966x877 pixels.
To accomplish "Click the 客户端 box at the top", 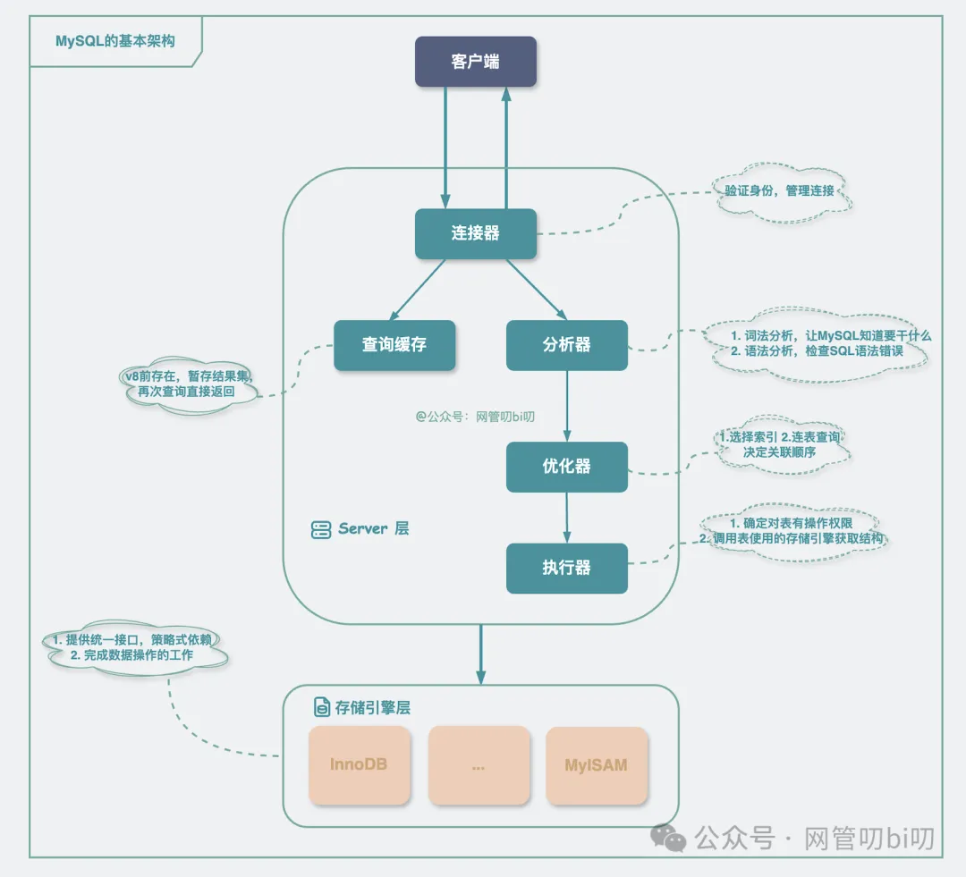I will pos(476,62).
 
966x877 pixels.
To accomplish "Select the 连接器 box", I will pos(476,234).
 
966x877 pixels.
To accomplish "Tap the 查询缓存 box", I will pos(394,345).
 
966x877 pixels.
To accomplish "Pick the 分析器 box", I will pos(567,345).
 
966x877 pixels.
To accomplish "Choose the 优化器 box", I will pos(567,467).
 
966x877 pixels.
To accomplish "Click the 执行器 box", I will pos(567,568).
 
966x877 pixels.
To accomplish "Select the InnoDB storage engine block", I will pos(359,765).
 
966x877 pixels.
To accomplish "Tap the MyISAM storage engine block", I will pos(597,765).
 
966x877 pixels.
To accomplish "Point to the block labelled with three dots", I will pos(478,765).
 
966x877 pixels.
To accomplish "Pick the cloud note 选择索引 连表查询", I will pos(780,444).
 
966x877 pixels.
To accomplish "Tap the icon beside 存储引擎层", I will pos(322,708).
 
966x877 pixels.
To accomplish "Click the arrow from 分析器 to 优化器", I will pos(567,406).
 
